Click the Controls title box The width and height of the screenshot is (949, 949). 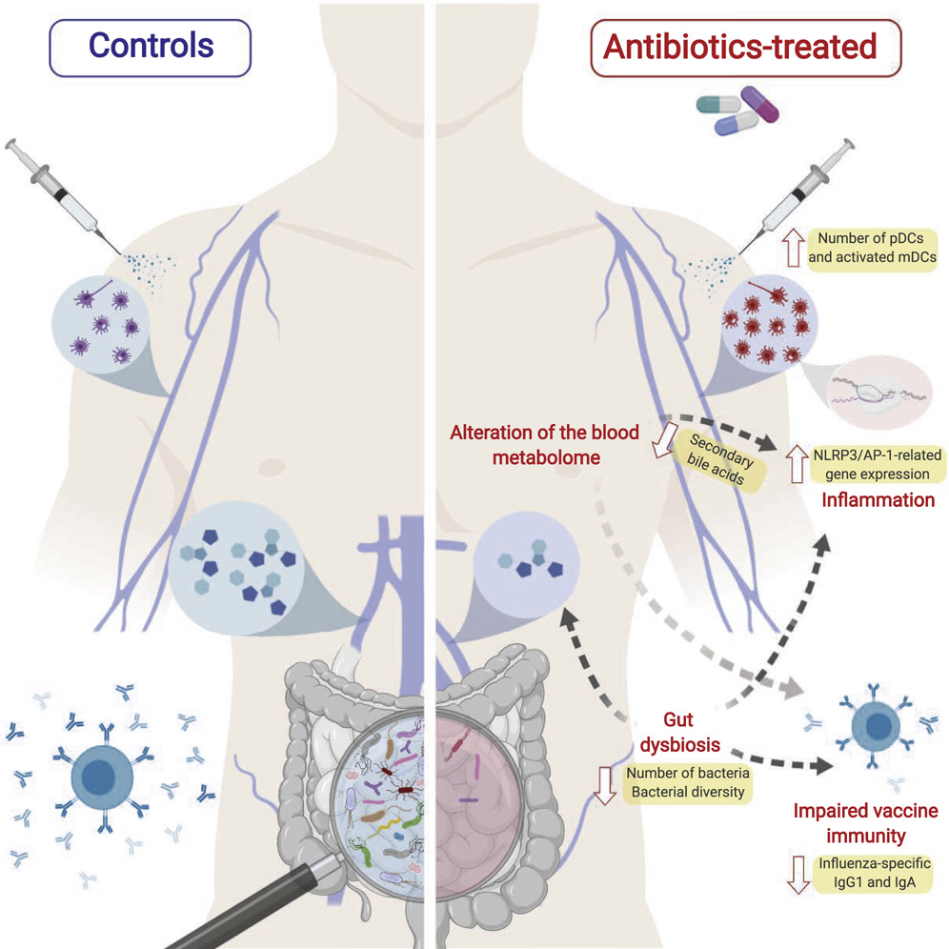151,46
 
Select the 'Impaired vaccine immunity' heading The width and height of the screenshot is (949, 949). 865,823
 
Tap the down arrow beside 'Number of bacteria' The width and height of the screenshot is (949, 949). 601,782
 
